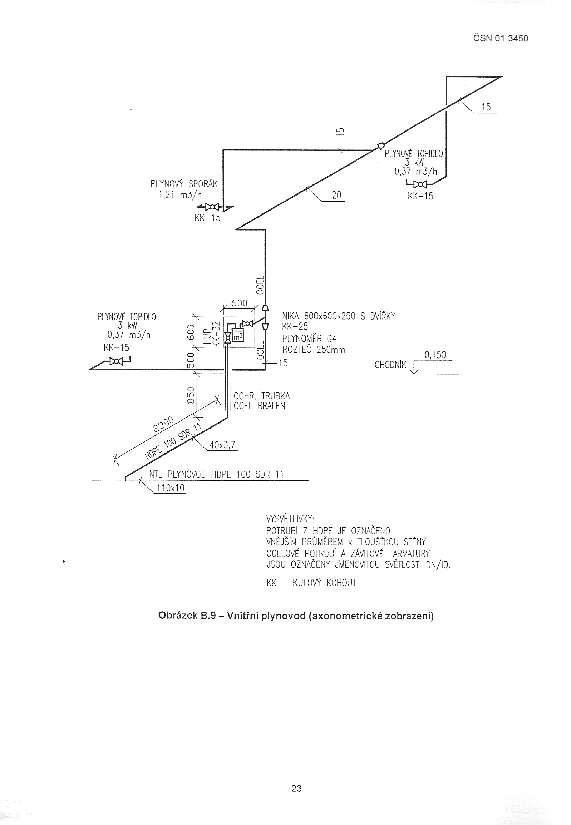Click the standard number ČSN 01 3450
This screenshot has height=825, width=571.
(x=501, y=38)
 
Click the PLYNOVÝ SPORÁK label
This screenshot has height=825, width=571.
(x=184, y=184)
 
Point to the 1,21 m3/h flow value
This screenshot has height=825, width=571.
(x=180, y=195)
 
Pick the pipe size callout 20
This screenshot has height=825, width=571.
(x=336, y=195)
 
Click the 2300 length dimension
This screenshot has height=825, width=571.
(x=163, y=424)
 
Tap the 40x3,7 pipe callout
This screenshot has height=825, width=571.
(x=222, y=445)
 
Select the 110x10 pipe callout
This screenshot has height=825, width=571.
(x=170, y=488)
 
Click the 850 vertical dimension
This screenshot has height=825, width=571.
(x=191, y=395)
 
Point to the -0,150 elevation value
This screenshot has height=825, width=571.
(x=433, y=355)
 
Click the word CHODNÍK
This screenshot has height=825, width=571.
(x=390, y=365)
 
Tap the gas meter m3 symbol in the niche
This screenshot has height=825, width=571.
(x=237, y=335)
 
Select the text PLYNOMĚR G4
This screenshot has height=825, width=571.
(x=309, y=338)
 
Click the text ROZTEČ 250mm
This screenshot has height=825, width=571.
(x=314, y=350)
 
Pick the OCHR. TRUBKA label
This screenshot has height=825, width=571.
(x=261, y=396)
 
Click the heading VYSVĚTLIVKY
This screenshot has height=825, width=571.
(x=290, y=519)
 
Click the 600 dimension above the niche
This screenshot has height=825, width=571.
(x=239, y=303)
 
